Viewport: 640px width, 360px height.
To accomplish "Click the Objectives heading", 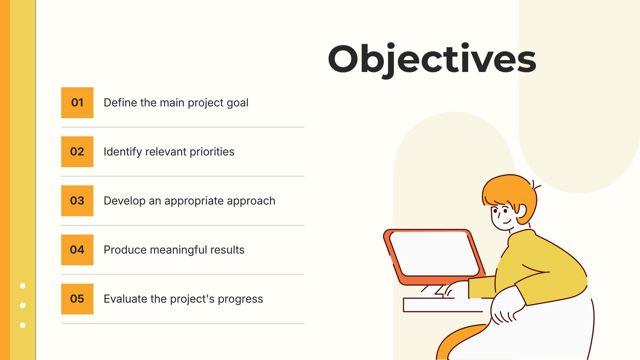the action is (x=432, y=60).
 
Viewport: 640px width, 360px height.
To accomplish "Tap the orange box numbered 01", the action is (x=77, y=102).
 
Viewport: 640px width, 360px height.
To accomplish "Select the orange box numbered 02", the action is (x=77, y=152).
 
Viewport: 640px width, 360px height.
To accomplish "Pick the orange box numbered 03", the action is (x=77, y=201).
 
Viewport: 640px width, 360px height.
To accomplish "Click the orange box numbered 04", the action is (x=77, y=250).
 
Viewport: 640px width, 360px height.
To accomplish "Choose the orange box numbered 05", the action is (x=77, y=299).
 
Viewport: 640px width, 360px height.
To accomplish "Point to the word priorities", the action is (x=212, y=152).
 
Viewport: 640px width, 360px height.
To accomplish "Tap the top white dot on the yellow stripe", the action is (x=22, y=286).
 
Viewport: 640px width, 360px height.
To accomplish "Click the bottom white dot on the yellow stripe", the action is (x=22, y=325).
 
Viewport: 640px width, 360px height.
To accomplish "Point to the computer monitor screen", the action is (x=434, y=254).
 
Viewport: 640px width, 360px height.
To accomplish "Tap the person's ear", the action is (x=522, y=212).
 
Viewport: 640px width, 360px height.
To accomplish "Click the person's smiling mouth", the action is (x=507, y=222).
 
